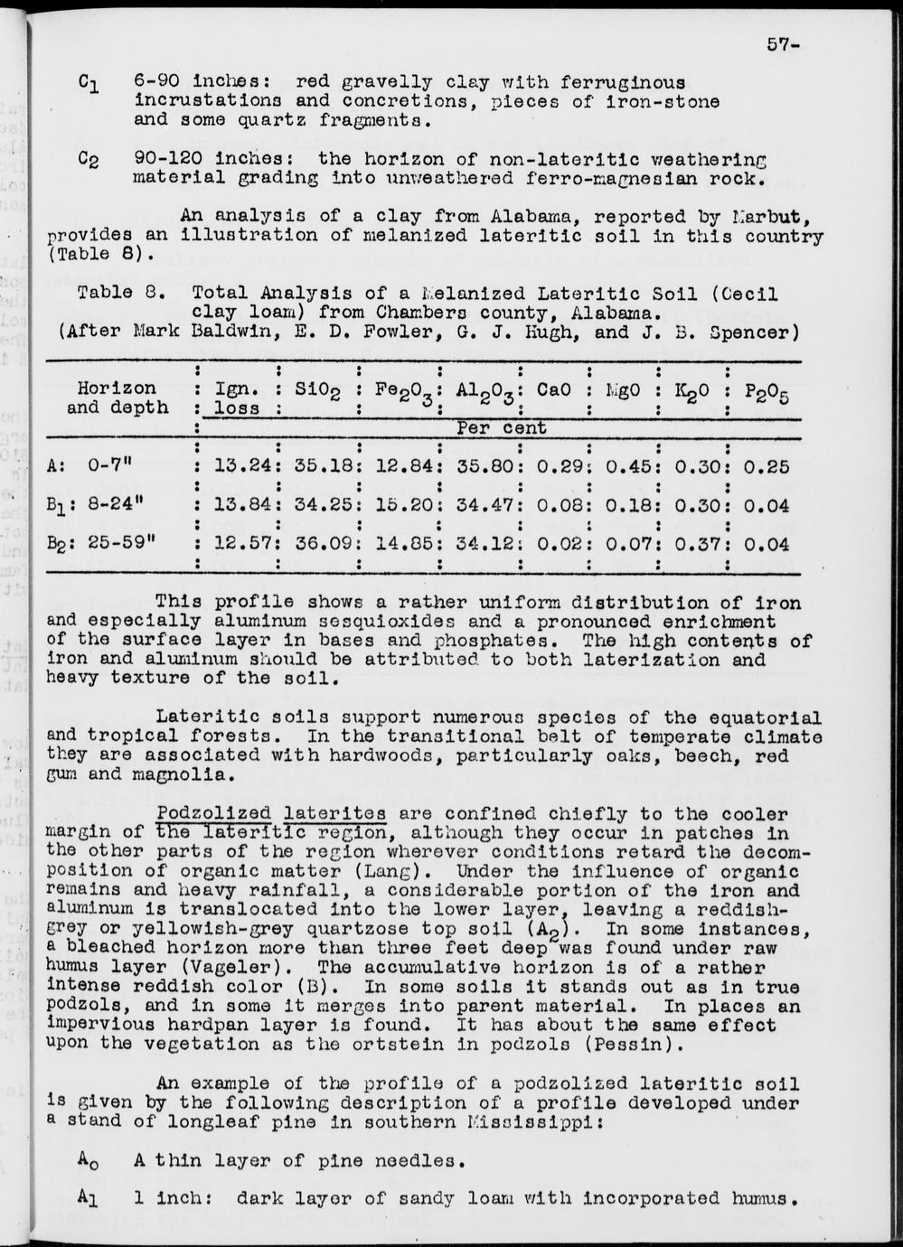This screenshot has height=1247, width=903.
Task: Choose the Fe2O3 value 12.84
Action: point(399,467)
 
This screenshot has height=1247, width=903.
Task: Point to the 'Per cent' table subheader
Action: point(502,427)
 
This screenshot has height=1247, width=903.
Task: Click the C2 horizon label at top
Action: point(89,161)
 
